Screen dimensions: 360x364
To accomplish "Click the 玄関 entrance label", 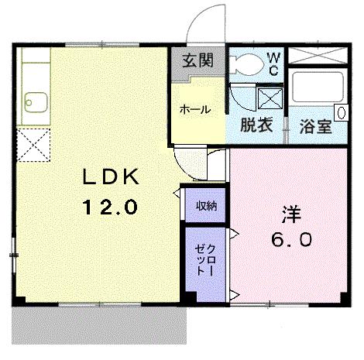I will tap(197, 60).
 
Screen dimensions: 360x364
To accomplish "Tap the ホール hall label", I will tap(194, 109).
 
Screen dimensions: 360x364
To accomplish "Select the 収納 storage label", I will tap(205, 205).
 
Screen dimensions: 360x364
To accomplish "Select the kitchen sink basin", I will tap(35, 100).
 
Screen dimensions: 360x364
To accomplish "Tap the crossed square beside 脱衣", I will tap(270, 99).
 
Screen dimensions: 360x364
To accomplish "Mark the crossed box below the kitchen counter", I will tap(33, 143).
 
